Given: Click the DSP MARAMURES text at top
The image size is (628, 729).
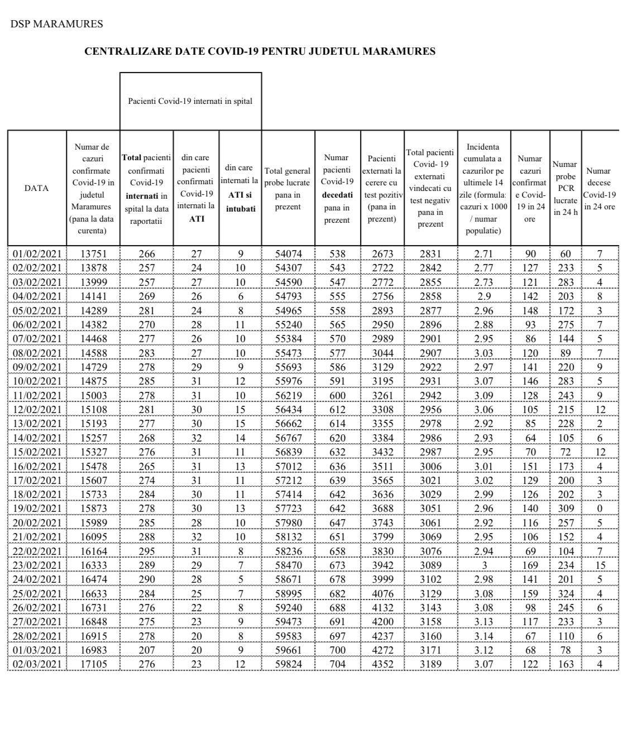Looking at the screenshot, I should click(x=56, y=24).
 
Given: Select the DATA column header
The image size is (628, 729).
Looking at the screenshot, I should click(x=36, y=188).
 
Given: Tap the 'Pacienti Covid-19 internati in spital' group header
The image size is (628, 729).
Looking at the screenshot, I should click(x=190, y=101).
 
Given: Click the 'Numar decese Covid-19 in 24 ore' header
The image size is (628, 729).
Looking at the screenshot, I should click(x=599, y=188).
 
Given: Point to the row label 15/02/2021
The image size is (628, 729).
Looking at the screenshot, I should click(x=37, y=452).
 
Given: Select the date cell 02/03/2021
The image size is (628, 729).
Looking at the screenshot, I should click(x=37, y=664).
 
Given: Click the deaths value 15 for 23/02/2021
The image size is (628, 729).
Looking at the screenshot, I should click(x=600, y=565).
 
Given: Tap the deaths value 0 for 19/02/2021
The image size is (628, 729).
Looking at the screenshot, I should click(x=600, y=509).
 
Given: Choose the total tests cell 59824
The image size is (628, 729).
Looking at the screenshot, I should click(x=288, y=664).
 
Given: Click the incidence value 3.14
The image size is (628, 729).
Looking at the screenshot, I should click(x=483, y=636).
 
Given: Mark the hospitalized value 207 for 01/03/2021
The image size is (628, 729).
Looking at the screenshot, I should click(x=147, y=650).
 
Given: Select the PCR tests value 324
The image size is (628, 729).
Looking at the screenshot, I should click(x=565, y=593).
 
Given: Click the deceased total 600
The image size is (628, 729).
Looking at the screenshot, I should click(x=338, y=395).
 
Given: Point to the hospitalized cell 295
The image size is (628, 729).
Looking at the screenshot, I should click(x=147, y=551).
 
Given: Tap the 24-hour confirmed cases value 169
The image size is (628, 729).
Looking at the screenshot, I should click(x=530, y=565).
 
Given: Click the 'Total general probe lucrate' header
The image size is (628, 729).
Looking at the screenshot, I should click(x=288, y=188).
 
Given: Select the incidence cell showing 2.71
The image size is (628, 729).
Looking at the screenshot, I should click(x=483, y=254).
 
